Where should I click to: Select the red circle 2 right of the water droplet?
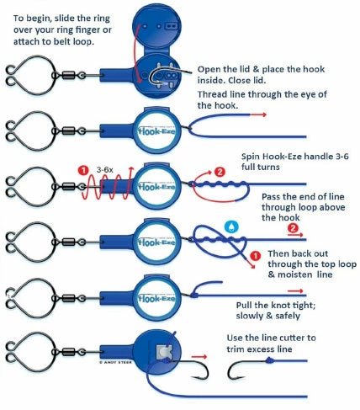(x=292, y=227)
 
